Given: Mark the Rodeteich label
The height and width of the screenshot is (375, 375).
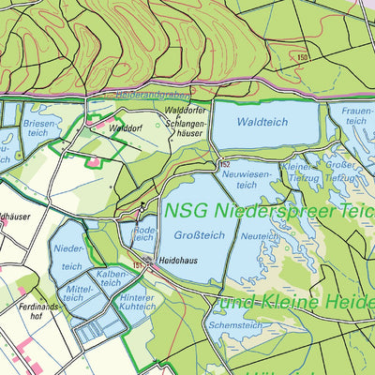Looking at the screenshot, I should coord(144,234).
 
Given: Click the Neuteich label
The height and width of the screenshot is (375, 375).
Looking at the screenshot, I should coord(254,237).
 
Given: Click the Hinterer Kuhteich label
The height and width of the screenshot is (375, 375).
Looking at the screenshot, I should coord(137,302).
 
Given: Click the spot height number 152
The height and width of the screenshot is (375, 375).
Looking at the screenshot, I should coord(225,165).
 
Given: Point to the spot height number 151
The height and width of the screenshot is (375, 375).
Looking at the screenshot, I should coord(138,265).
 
